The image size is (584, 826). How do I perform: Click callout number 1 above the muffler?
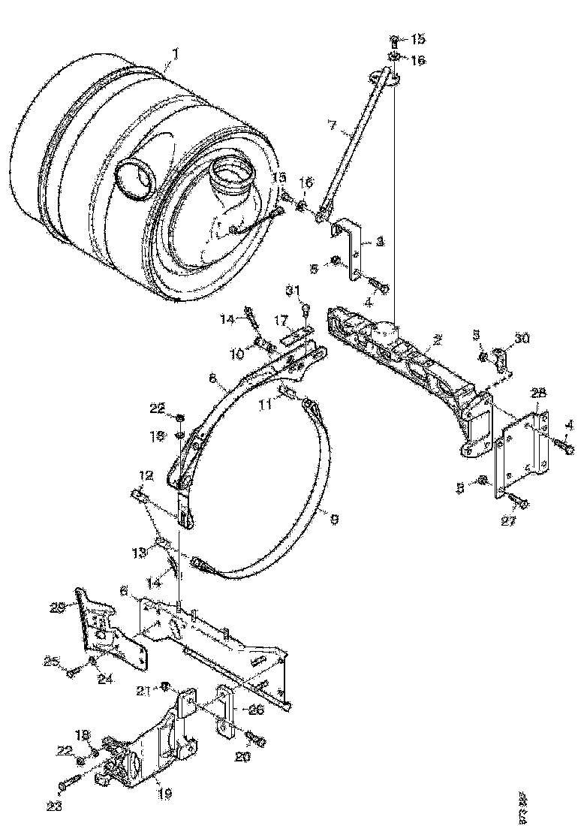click(x=175, y=53)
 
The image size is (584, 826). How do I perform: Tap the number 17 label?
click(x=281, y=319)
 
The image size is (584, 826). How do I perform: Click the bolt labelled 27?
click(x=519, y=501)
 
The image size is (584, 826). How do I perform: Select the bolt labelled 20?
click(x=256, y=739)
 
